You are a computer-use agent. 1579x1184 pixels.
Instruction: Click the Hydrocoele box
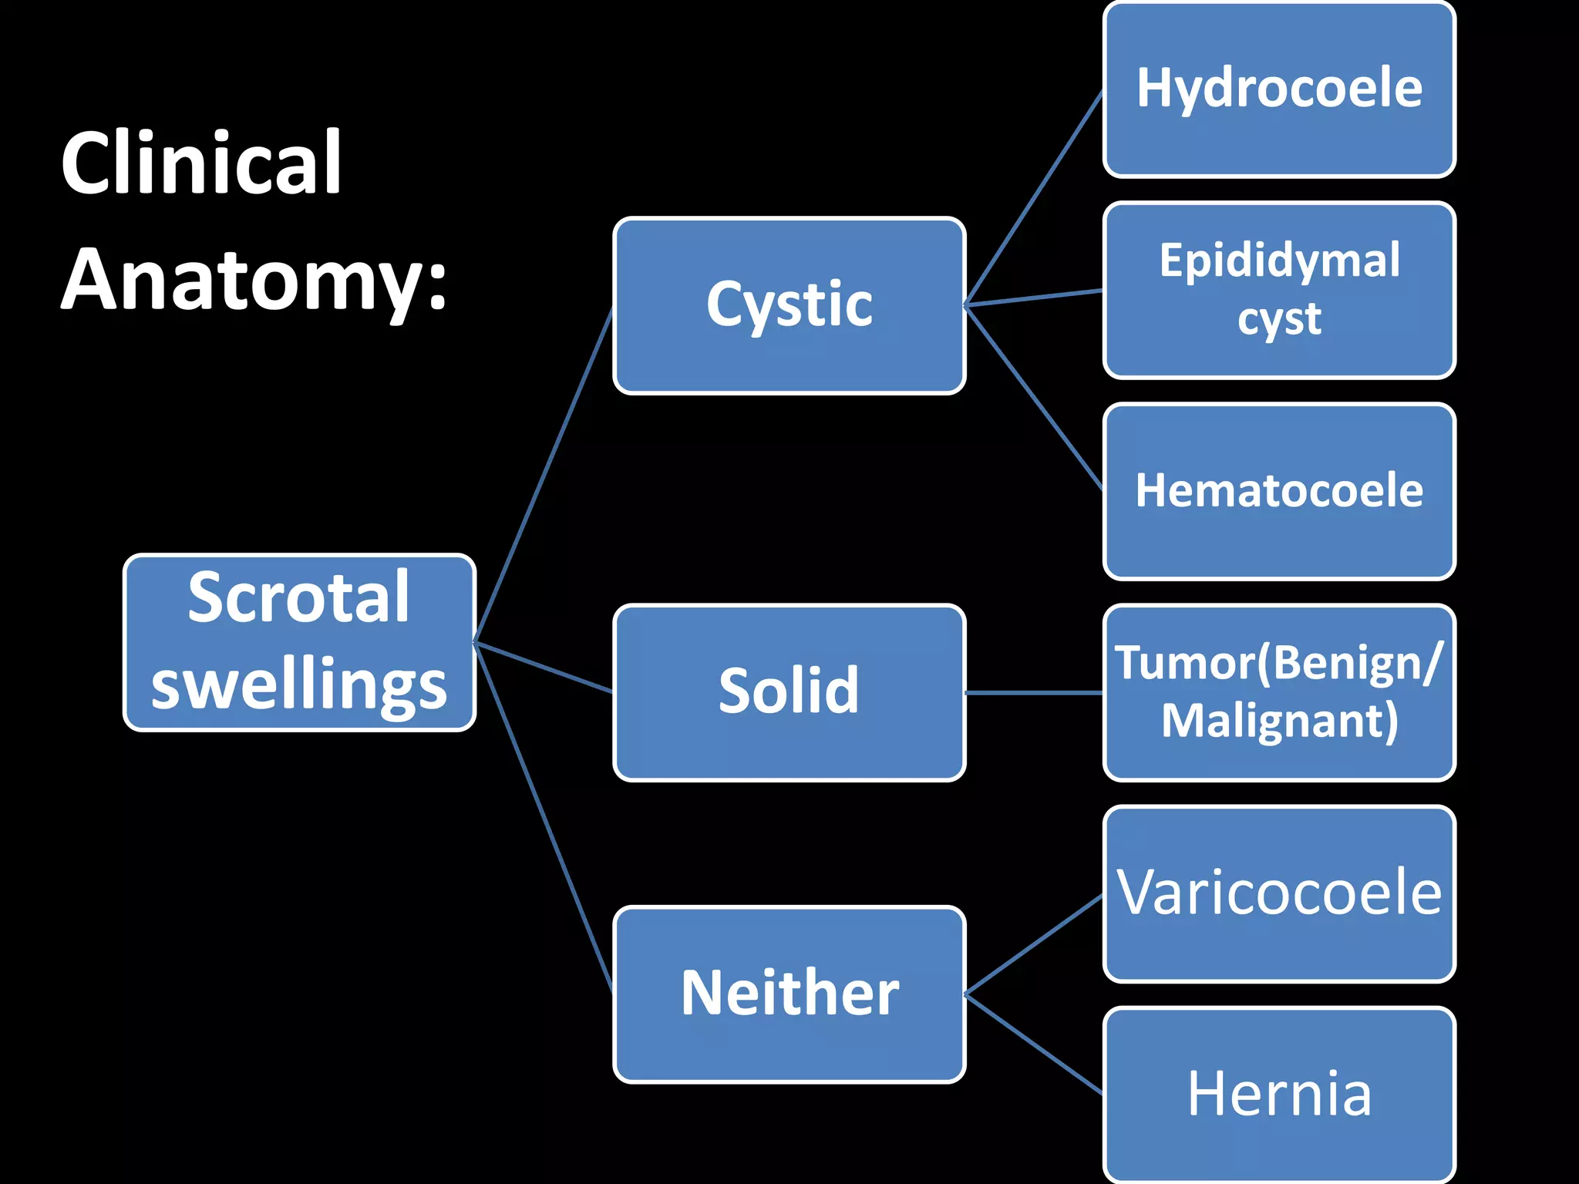(1279, 89)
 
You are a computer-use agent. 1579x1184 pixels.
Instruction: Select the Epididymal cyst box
(1279, 290)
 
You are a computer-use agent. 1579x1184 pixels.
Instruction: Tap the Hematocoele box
(1279, 491)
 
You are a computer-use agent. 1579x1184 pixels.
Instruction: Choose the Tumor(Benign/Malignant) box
(1279, 692)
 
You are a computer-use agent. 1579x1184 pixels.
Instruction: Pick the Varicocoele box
(1279, 893)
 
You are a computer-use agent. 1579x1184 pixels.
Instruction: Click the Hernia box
(1279, 1095)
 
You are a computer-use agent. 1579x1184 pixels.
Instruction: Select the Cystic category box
(789, 305)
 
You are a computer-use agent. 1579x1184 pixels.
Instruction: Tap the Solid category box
(789, 692)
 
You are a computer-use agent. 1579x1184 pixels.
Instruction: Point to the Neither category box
(789, 994)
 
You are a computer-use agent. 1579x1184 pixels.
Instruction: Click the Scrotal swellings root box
(299, 642)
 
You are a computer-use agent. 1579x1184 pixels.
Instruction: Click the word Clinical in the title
(201, 163)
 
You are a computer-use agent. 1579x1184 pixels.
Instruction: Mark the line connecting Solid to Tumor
(1034, 693)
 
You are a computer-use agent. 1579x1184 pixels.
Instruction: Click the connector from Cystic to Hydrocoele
(1034, 198)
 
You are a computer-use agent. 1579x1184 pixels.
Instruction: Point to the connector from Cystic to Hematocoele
(1034, 398)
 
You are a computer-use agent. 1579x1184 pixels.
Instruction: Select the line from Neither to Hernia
(1034, 1044)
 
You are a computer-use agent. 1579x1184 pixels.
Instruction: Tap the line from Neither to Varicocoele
(1034, 944)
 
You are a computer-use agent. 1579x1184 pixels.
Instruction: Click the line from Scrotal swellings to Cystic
(544, 475)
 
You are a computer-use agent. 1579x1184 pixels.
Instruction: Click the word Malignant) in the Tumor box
(1279, 721)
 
